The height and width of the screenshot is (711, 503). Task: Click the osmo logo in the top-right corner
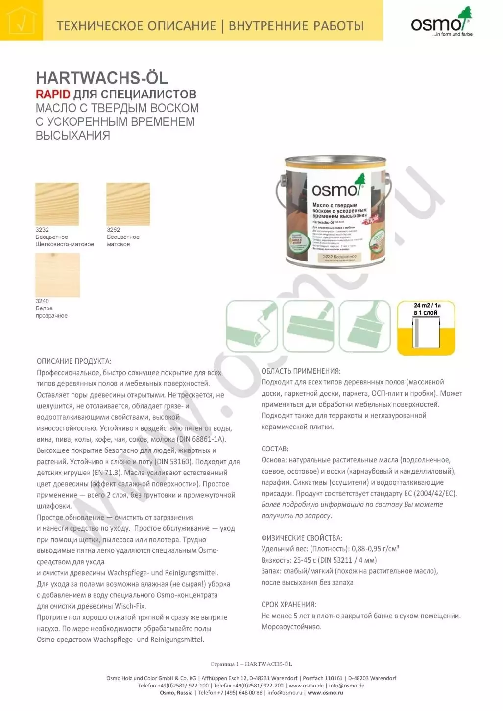(440, 23)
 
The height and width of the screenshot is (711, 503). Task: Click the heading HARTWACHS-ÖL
(102, 78)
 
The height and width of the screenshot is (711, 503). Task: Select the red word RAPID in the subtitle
(53, 94)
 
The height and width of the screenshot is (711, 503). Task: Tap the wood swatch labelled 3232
(57, 204)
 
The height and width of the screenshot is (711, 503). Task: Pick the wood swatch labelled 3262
(128, 204)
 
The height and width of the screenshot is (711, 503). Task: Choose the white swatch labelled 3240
(57, 275)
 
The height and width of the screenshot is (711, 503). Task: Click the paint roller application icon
(252, 326)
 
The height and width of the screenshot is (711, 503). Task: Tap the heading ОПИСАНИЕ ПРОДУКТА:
(74, 361)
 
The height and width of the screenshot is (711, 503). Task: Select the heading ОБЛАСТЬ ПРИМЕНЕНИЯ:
(301, 371)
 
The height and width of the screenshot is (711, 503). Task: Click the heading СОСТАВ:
(275, 449)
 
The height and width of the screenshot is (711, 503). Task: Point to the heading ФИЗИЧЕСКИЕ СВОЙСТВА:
(302, 538)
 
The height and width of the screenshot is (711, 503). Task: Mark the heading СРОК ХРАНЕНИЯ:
(289, 604)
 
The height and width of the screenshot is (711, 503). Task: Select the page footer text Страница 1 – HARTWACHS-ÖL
(251, 664)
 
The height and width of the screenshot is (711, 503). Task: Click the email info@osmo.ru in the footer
(285, 692)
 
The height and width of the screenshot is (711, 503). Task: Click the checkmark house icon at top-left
(21, 21)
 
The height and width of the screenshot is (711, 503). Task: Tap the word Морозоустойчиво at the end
(291, 627)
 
